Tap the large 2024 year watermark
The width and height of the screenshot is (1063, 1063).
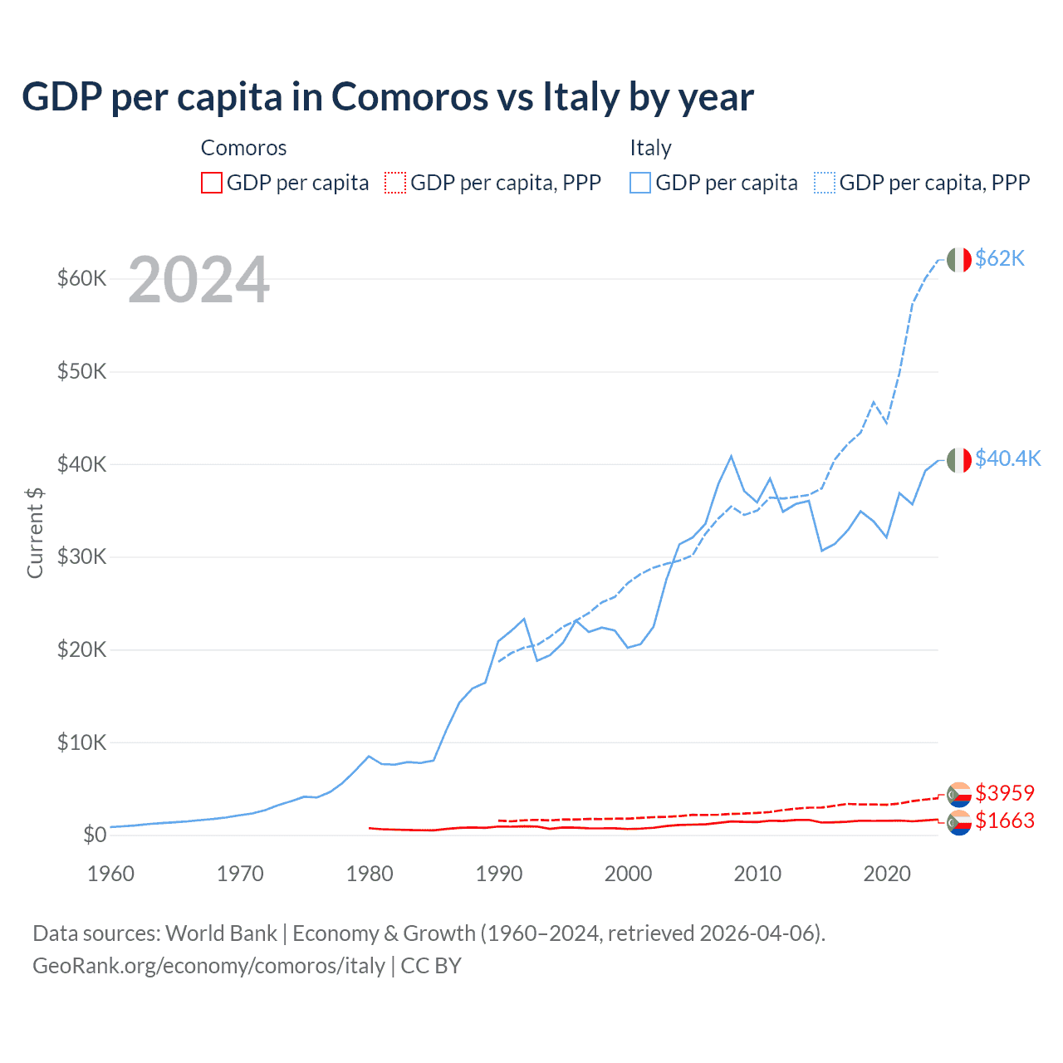point(198,280)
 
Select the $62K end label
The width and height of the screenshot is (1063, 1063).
point(1000,258)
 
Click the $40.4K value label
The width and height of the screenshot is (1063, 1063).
point(1007,458)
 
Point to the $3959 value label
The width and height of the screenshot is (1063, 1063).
point(1004,792)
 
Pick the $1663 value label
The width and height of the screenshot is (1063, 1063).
point(1004,821)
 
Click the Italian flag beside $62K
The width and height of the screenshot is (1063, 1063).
point(959,259)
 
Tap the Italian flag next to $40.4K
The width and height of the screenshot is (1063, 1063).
point(959,459)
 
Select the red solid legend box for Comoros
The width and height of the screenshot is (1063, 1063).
point(212,183)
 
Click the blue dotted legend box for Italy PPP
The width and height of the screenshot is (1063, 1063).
point(825,183)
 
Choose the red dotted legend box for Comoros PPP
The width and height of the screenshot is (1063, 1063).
point(395,183)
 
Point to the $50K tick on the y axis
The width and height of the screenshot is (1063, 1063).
point(82,371)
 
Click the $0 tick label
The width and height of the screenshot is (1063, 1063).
point(95,835)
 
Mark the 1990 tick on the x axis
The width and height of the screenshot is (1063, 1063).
point(499,874)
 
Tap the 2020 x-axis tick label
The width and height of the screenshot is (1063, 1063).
point(887,874)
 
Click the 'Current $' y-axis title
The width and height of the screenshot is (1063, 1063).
point(35,533)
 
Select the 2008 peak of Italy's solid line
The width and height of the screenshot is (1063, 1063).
point(731,456)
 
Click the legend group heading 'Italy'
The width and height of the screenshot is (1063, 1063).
point(650,148)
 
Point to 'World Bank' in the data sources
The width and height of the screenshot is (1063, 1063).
point(221,933)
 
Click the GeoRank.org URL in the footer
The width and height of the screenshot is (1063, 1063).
point(208,966)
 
